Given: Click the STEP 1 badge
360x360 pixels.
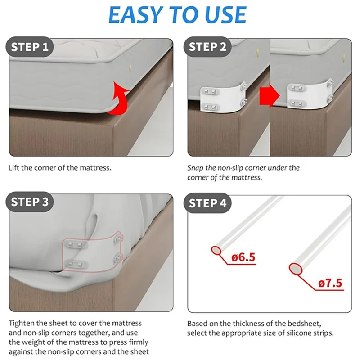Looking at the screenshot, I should click(x=30, y=47).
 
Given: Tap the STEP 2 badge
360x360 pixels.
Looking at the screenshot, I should click(x=207, y=47).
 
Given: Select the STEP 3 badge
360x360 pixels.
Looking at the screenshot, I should click(x=30, y=202).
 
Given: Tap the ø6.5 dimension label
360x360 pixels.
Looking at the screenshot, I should click(x=243, y=257).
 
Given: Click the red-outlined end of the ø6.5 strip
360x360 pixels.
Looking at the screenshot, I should click(x=216, y=250).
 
